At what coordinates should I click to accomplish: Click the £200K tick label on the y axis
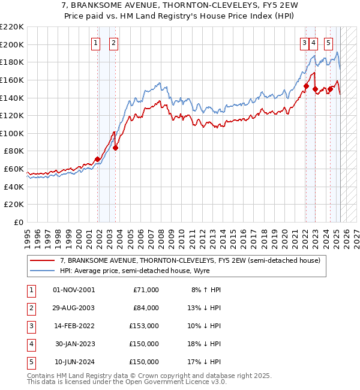(x=12, y=44)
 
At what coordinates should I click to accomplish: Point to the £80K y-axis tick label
(x=14, y=151)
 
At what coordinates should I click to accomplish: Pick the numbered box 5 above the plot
(x=328, y=43)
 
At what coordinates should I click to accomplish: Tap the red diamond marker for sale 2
(x=116, y=148)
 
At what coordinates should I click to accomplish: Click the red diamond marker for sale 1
(x=98, y=159)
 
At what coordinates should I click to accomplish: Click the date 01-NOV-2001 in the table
(x=74, y=290)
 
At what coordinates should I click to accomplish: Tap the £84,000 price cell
(x=145, y=308)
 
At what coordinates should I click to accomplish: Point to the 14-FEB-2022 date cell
(x=74, y=326)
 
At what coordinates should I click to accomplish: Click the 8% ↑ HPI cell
(x=206, y=290)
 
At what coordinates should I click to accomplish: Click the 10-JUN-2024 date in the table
(x=74, y=362)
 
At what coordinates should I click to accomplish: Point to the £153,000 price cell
(x=145, y=326)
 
